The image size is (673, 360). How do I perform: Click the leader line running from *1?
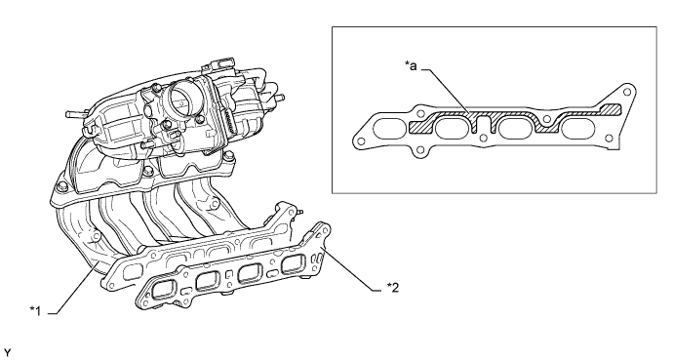point(73,292)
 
